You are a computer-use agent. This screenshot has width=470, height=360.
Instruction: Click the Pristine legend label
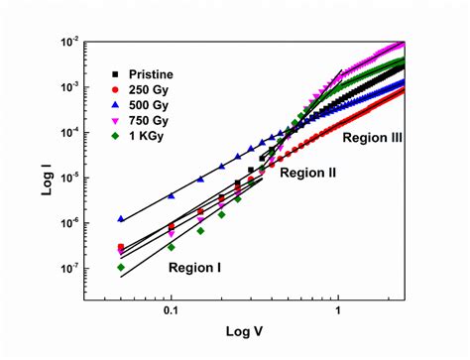151,74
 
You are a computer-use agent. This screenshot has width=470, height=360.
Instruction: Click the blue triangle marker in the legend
117,105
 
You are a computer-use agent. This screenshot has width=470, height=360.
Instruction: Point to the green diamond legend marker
117,137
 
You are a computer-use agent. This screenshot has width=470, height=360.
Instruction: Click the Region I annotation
194,267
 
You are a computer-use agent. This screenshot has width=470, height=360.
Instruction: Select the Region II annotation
308,173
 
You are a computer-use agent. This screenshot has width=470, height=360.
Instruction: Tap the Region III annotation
372,141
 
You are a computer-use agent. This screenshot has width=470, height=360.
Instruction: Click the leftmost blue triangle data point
121,218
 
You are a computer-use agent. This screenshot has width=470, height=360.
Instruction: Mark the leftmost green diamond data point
121,267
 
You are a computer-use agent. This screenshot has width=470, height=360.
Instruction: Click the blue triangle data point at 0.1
172,194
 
